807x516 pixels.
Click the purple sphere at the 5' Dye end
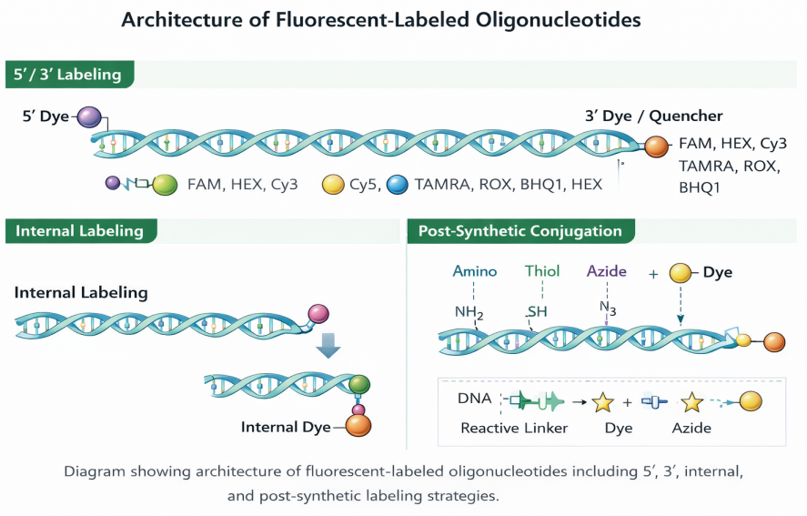click(89, 116)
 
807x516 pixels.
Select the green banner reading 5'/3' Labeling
click(69, 75)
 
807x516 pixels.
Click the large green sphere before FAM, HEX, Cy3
click(165, 185)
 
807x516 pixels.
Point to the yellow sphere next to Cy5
click(333, 185)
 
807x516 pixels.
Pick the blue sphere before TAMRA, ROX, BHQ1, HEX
click(397, 185)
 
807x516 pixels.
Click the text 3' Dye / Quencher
click(653, 116)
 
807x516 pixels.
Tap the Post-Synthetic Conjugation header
click(520, 231)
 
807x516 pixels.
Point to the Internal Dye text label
click(285, 427)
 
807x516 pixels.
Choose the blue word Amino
click(475, 271)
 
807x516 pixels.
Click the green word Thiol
click(542, 271)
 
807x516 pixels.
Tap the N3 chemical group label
click(608, 309)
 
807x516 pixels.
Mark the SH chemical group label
click(538, 312)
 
